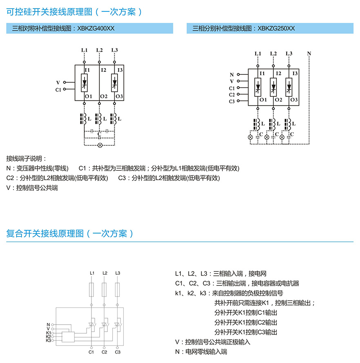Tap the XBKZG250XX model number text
[x=276, y=29]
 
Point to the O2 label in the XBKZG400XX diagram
[x=103, y=96]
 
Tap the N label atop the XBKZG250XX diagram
[x=309, y=53]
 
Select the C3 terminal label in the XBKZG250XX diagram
[x=232, y=101]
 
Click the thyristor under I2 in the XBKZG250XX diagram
[x=273, y=87]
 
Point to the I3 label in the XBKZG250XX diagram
[x=293, y=73]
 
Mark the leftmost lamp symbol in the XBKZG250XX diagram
[x=251, y=137]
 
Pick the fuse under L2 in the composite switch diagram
[x=104, y=291]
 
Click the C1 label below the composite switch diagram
[x=91, y=352]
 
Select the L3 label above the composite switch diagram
[x=118, y=273]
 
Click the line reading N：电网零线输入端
[x=201, y=351]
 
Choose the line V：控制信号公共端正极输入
[x=212, y=342]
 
